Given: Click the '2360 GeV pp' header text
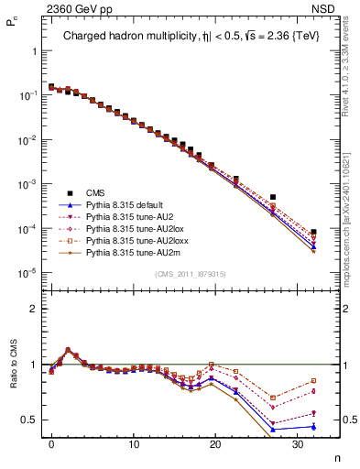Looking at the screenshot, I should pyautogui.click(x=67, y=8).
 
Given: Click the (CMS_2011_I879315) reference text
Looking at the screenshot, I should pyautogui.click(x=191, y=274).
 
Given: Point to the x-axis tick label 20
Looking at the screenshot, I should pyautogui.click(x=214, y=443).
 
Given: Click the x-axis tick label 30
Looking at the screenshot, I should pyautogui.click(x=297, y=443).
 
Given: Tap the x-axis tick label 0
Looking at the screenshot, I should pyautogui.click(x=51, y=443).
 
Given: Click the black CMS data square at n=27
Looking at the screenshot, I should pyautogui.click(x=273, y=197).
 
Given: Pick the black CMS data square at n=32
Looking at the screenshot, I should pyautogui.click(x=313, y=233).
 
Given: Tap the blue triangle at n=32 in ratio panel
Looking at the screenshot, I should pyautogui.click(x=313, y=426).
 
